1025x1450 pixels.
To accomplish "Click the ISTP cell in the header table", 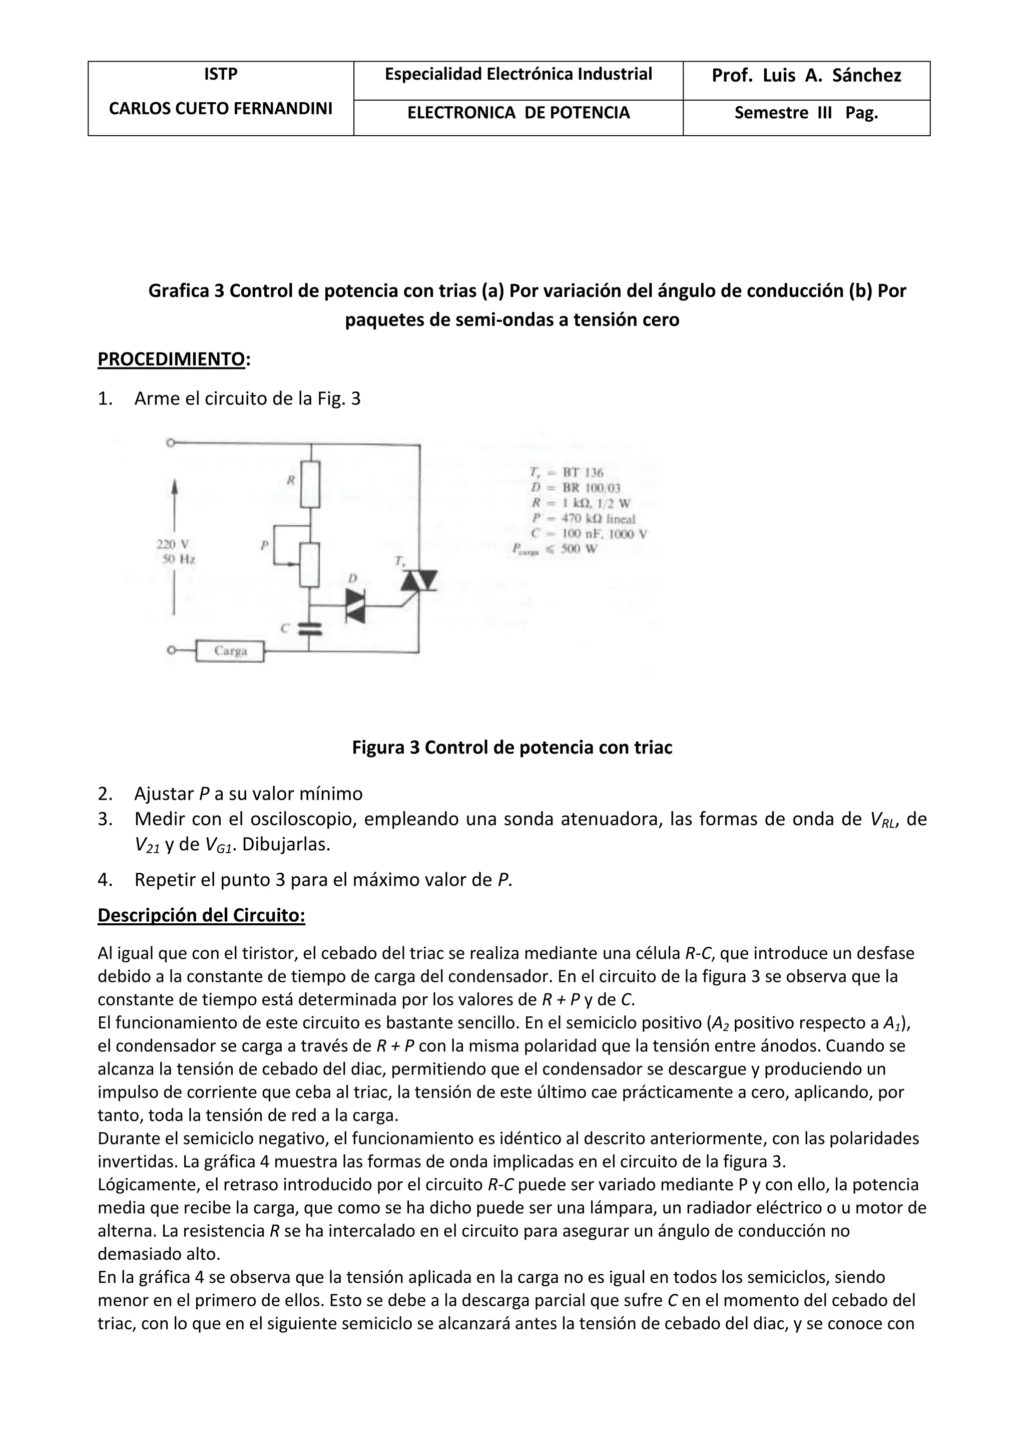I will tap(220, 75).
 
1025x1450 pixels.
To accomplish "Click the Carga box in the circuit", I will tap(230, 650).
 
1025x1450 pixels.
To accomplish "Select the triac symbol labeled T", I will tap(419, 580).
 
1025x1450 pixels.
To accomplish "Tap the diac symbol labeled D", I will tap(355, 606).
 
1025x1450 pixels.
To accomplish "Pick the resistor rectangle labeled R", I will tap(310, 484).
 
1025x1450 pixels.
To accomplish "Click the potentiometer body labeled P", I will tap(309, 564).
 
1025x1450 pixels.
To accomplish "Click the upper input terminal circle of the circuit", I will tap(170, 443).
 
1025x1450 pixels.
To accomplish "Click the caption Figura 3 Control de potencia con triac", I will tap(512, 748).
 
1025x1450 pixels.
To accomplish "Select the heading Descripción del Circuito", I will tap(201, 915).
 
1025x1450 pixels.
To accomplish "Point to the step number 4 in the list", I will tap(104, 879).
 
